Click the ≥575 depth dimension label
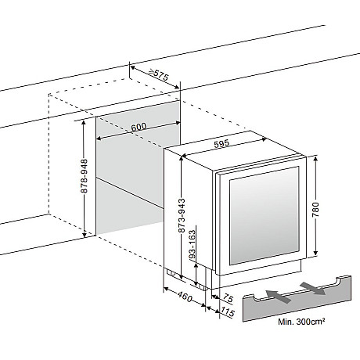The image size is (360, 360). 158,74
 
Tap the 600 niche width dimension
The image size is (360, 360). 139,128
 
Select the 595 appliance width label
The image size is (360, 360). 221,143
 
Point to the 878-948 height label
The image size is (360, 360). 85,176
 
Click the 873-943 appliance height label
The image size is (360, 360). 182,215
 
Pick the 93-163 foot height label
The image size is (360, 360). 193,244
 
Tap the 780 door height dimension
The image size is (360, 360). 315,209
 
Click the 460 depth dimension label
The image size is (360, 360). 185,297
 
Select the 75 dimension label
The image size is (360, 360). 228,298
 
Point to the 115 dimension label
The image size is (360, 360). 228,311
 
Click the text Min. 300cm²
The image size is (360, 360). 301,322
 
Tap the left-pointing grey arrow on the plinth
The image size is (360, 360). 279,297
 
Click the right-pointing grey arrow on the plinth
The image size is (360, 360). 313,288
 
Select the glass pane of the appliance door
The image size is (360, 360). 264,215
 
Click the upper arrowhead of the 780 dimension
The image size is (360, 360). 315,159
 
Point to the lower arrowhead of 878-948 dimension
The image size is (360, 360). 85,234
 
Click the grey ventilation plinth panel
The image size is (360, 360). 297,298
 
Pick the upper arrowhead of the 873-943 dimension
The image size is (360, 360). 182,159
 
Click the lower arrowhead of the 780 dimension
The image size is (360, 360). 315,253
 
